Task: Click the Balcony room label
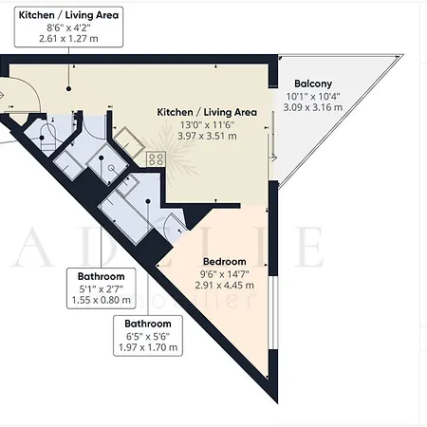313,84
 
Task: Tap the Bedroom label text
225,262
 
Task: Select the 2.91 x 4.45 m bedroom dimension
225,286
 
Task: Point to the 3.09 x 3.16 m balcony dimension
313,107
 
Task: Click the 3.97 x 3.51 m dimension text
207,136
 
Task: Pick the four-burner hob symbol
156,159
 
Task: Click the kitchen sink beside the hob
129,142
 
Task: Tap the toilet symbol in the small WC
48,139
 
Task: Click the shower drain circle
111,168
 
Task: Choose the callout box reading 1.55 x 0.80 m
102,288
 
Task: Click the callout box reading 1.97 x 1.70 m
148,336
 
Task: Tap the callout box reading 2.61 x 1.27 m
68,28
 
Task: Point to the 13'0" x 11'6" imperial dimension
207,125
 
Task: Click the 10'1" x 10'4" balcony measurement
313,96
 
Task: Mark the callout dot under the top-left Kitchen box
68,89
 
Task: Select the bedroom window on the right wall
275,313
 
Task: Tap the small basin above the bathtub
127,184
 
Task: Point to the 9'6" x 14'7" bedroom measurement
225,273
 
